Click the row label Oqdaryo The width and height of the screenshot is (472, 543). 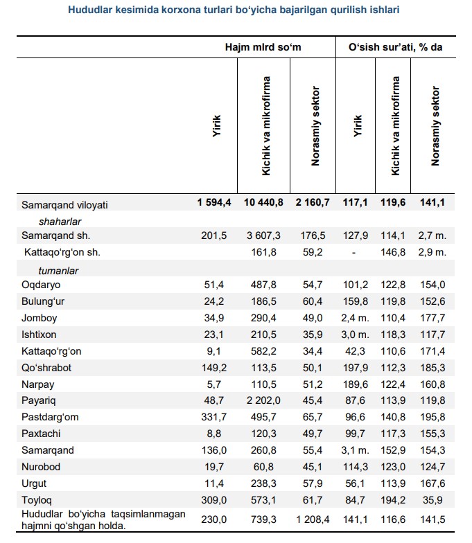(x=41, y=285)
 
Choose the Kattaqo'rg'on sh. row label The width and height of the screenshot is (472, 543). (x=62, y=253)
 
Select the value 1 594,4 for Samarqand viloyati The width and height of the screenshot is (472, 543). (x=215, y=203)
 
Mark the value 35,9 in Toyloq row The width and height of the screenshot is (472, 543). (x=431, y=501)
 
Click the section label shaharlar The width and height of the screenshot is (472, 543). (x=60, y=221)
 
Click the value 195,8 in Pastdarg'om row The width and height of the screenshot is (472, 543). (x=431, y=418)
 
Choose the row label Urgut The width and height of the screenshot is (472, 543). (x=34, y=484)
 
